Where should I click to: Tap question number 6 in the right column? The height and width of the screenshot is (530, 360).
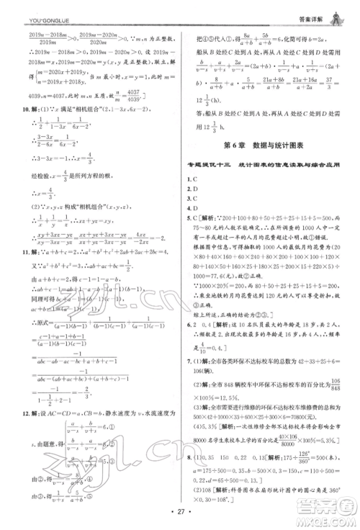tap(190, 324)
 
